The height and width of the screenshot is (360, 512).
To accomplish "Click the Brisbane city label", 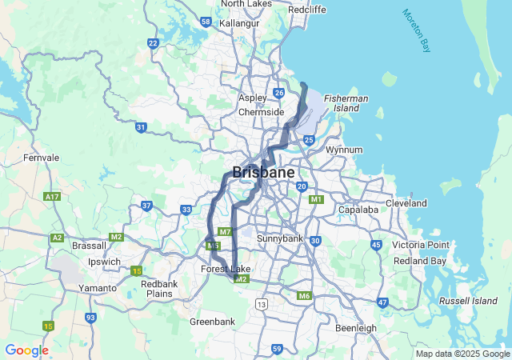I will [x=263, y=172].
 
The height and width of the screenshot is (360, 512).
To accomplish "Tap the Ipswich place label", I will [x=104, y=262].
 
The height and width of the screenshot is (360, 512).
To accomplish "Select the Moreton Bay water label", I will [x=417, y=31].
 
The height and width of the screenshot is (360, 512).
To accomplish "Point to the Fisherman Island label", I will [x=346, y=102].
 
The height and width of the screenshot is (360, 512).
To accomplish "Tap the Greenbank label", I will [x=212, y=322].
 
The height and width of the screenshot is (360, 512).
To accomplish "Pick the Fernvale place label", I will [x=42, y=158].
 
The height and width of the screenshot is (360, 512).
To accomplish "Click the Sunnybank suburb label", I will [x=280, y=238].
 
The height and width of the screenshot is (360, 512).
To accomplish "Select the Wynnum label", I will [x=345, y=150].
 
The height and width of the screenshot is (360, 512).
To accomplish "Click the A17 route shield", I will [x=53, y=196].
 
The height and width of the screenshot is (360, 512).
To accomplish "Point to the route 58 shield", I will [x=206, y=22].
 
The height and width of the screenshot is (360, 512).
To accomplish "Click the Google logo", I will [x=26, y=350].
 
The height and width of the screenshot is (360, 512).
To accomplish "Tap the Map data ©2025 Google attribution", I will [x=462, y=354].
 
